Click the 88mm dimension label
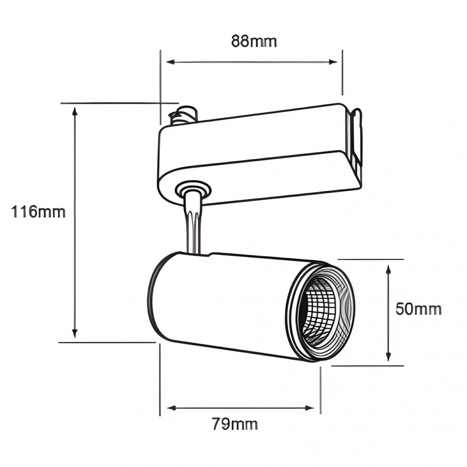pyautogui.click(x=254, y=41)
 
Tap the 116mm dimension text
pyautogui.click(x=38, y=212)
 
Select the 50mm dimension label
pyautogui.click(x=419, y=309)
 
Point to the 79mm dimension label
pyautogui.click(x=235, y=424)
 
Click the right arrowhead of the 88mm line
pyautogui.click(x=334, y=62)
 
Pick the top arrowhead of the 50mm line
pyautogui.click(x=388, y=269)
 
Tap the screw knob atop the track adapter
pyautogui.click(x=184, y=114)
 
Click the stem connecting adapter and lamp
pyautogui.click(x=193, y=226)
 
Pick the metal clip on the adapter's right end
pyautogui.click(x=356, y=136)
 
